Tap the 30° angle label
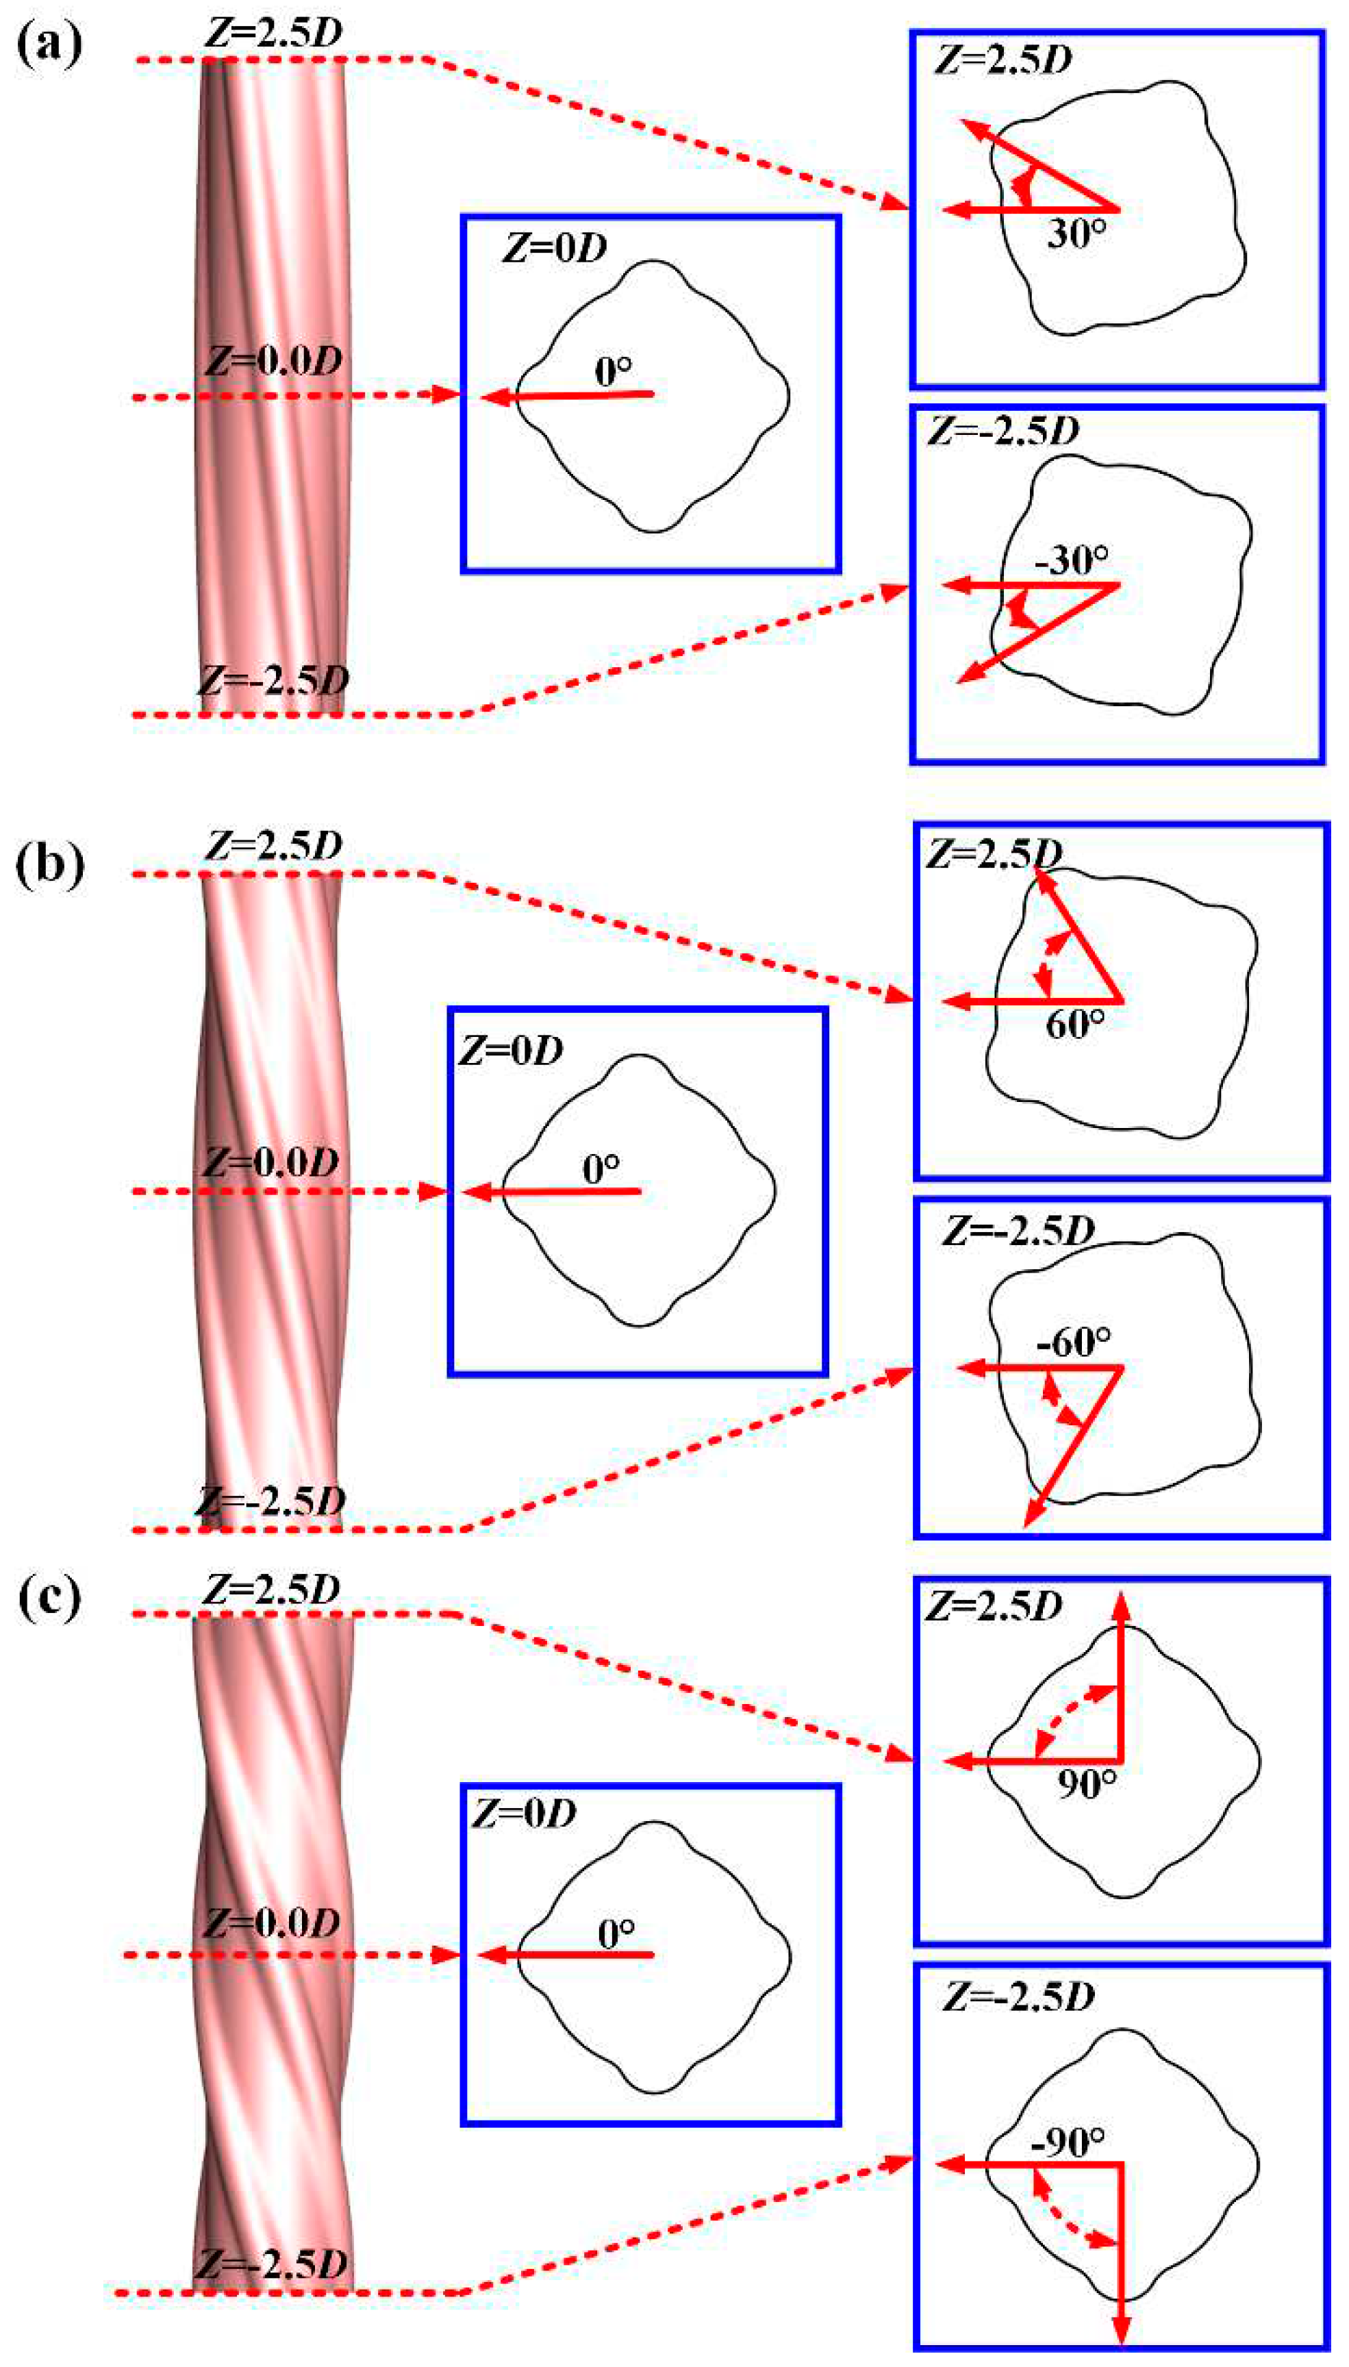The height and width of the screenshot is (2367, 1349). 1076,234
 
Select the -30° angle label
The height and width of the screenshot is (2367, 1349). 1073,560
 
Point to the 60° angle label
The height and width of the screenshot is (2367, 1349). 1075,1024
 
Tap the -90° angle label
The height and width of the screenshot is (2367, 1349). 1068,2141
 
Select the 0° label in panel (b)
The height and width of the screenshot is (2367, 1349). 601,1169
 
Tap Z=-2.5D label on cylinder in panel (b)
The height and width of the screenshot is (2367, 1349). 270,1500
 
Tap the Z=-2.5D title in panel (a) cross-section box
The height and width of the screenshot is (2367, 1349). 1003,431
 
